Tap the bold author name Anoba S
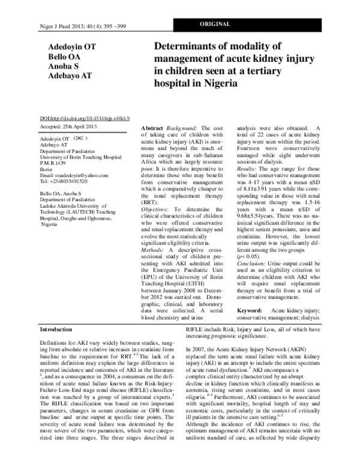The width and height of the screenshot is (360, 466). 60,67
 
